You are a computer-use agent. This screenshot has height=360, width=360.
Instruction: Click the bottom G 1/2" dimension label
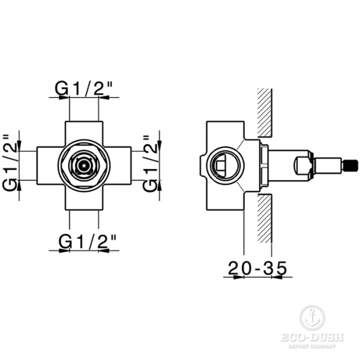tap(87, 241)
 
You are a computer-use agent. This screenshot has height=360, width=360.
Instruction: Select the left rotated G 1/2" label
tap(10, 163)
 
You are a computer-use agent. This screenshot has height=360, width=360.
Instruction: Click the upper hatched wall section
tap(265, 113)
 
